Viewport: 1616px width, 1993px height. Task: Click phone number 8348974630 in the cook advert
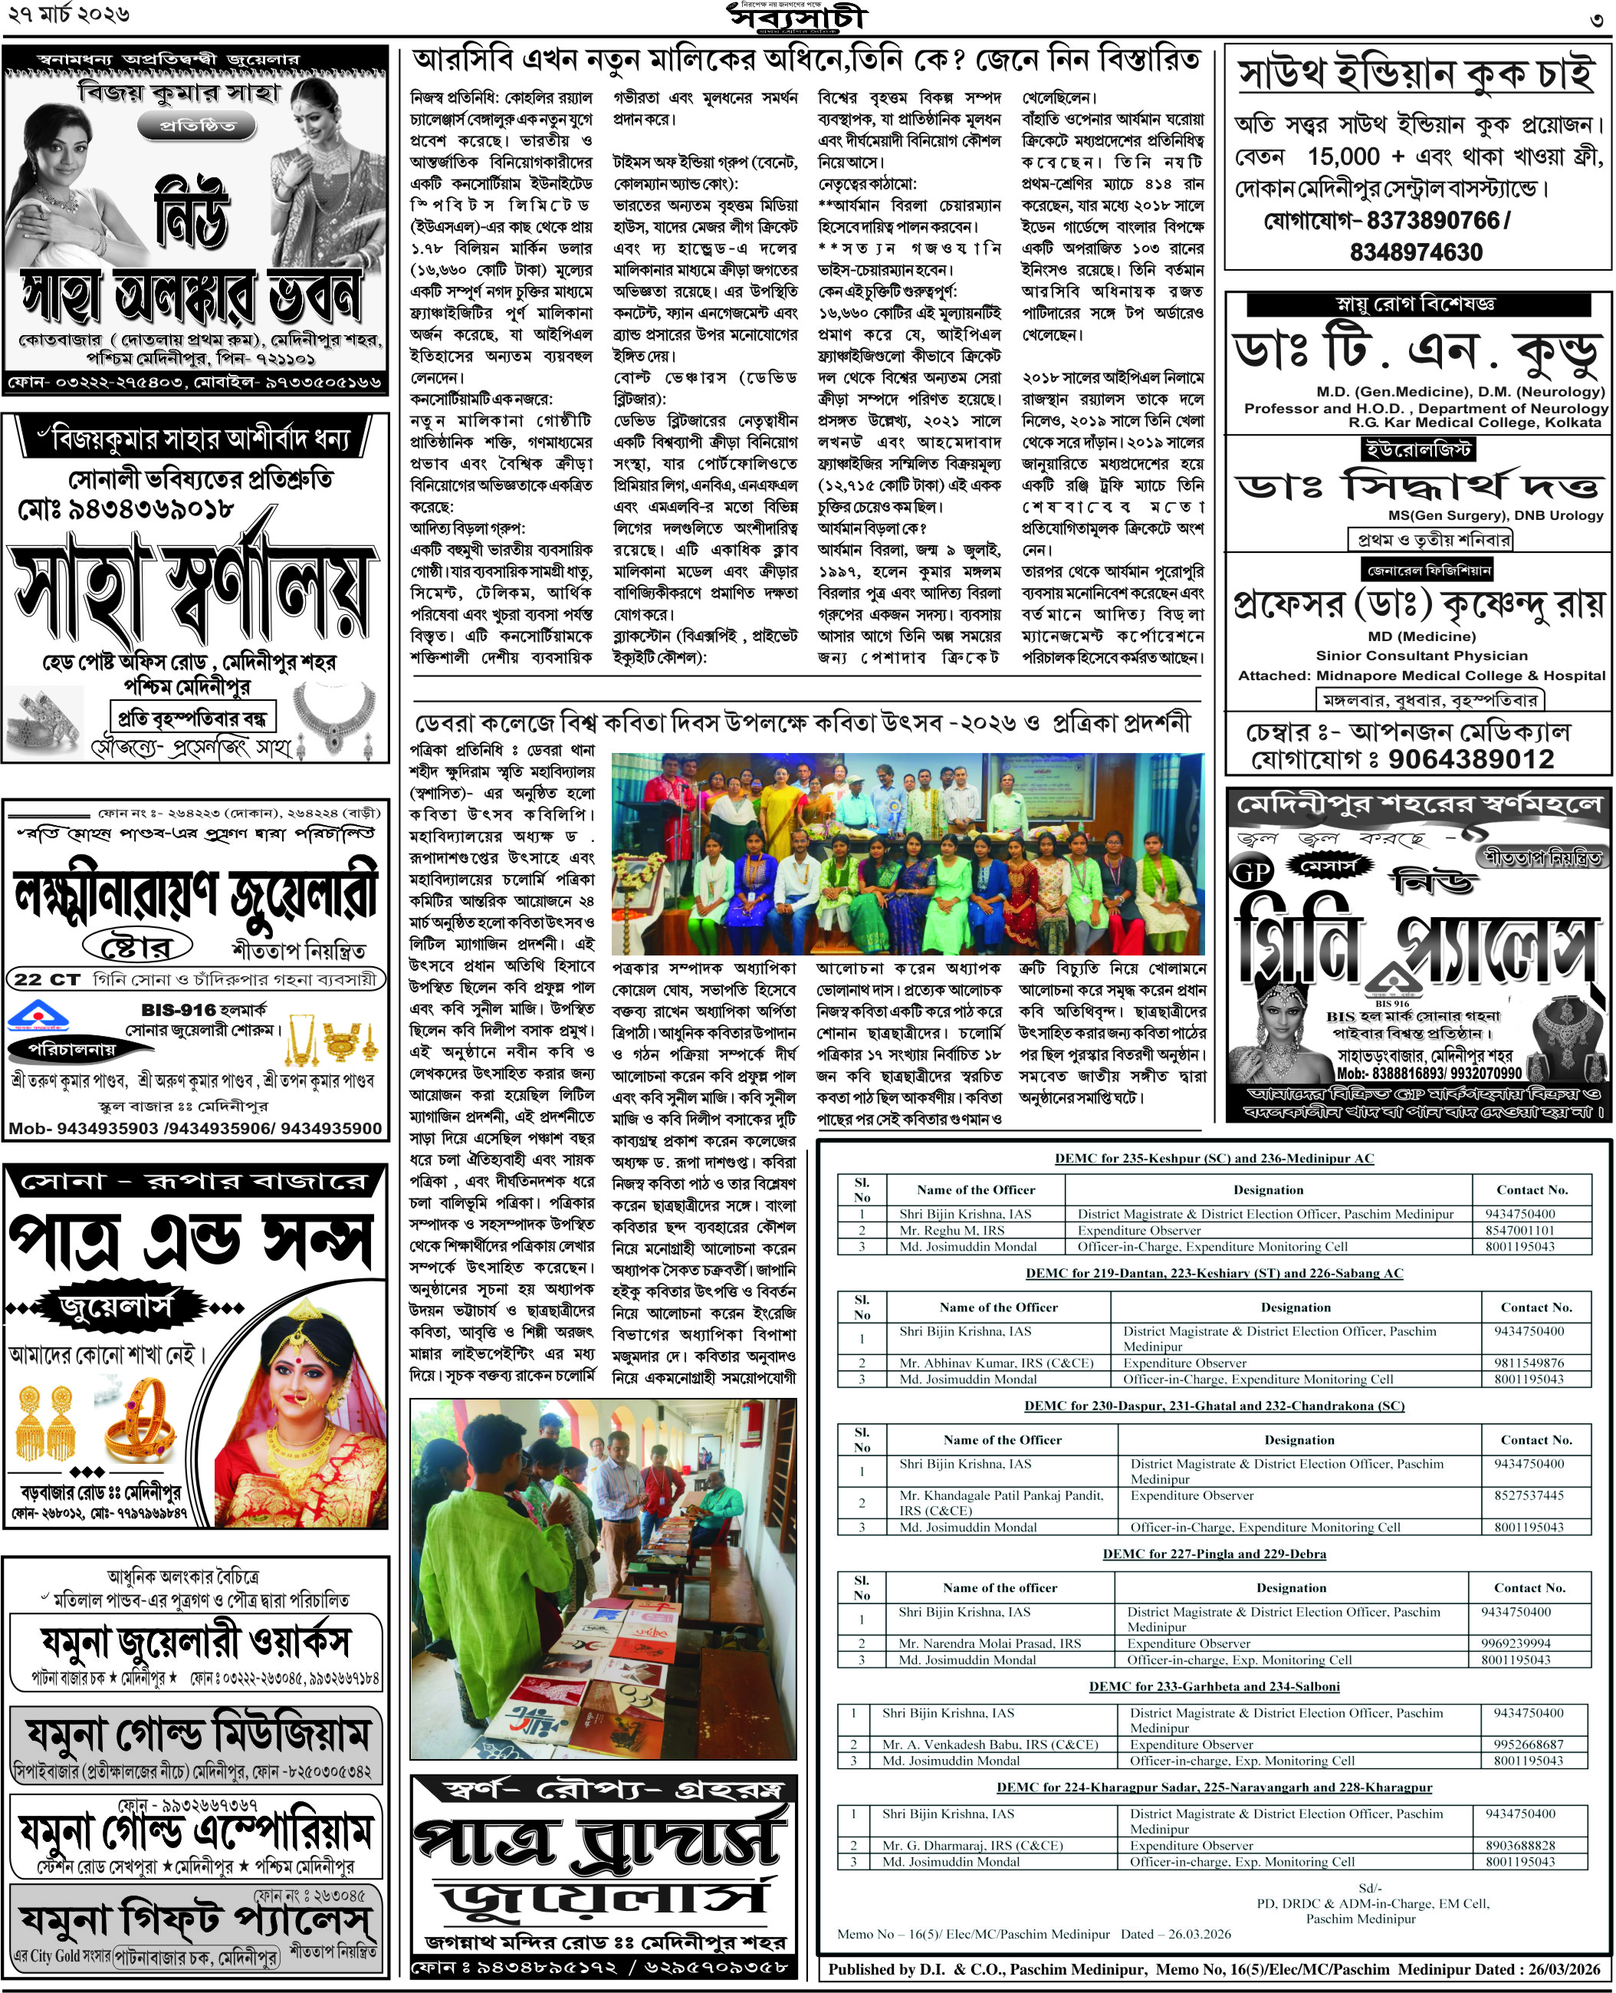coord(1416,252)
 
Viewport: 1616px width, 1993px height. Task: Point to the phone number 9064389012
coord(1471,760)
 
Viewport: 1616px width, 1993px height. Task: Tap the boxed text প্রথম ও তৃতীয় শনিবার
coord(1430,539)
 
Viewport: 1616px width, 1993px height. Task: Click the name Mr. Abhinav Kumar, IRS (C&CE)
coord(996,1363)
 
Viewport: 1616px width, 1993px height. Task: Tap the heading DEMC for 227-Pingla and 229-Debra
coord(1214,1554)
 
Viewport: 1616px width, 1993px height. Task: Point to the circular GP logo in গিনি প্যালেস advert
coord(1250,873)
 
